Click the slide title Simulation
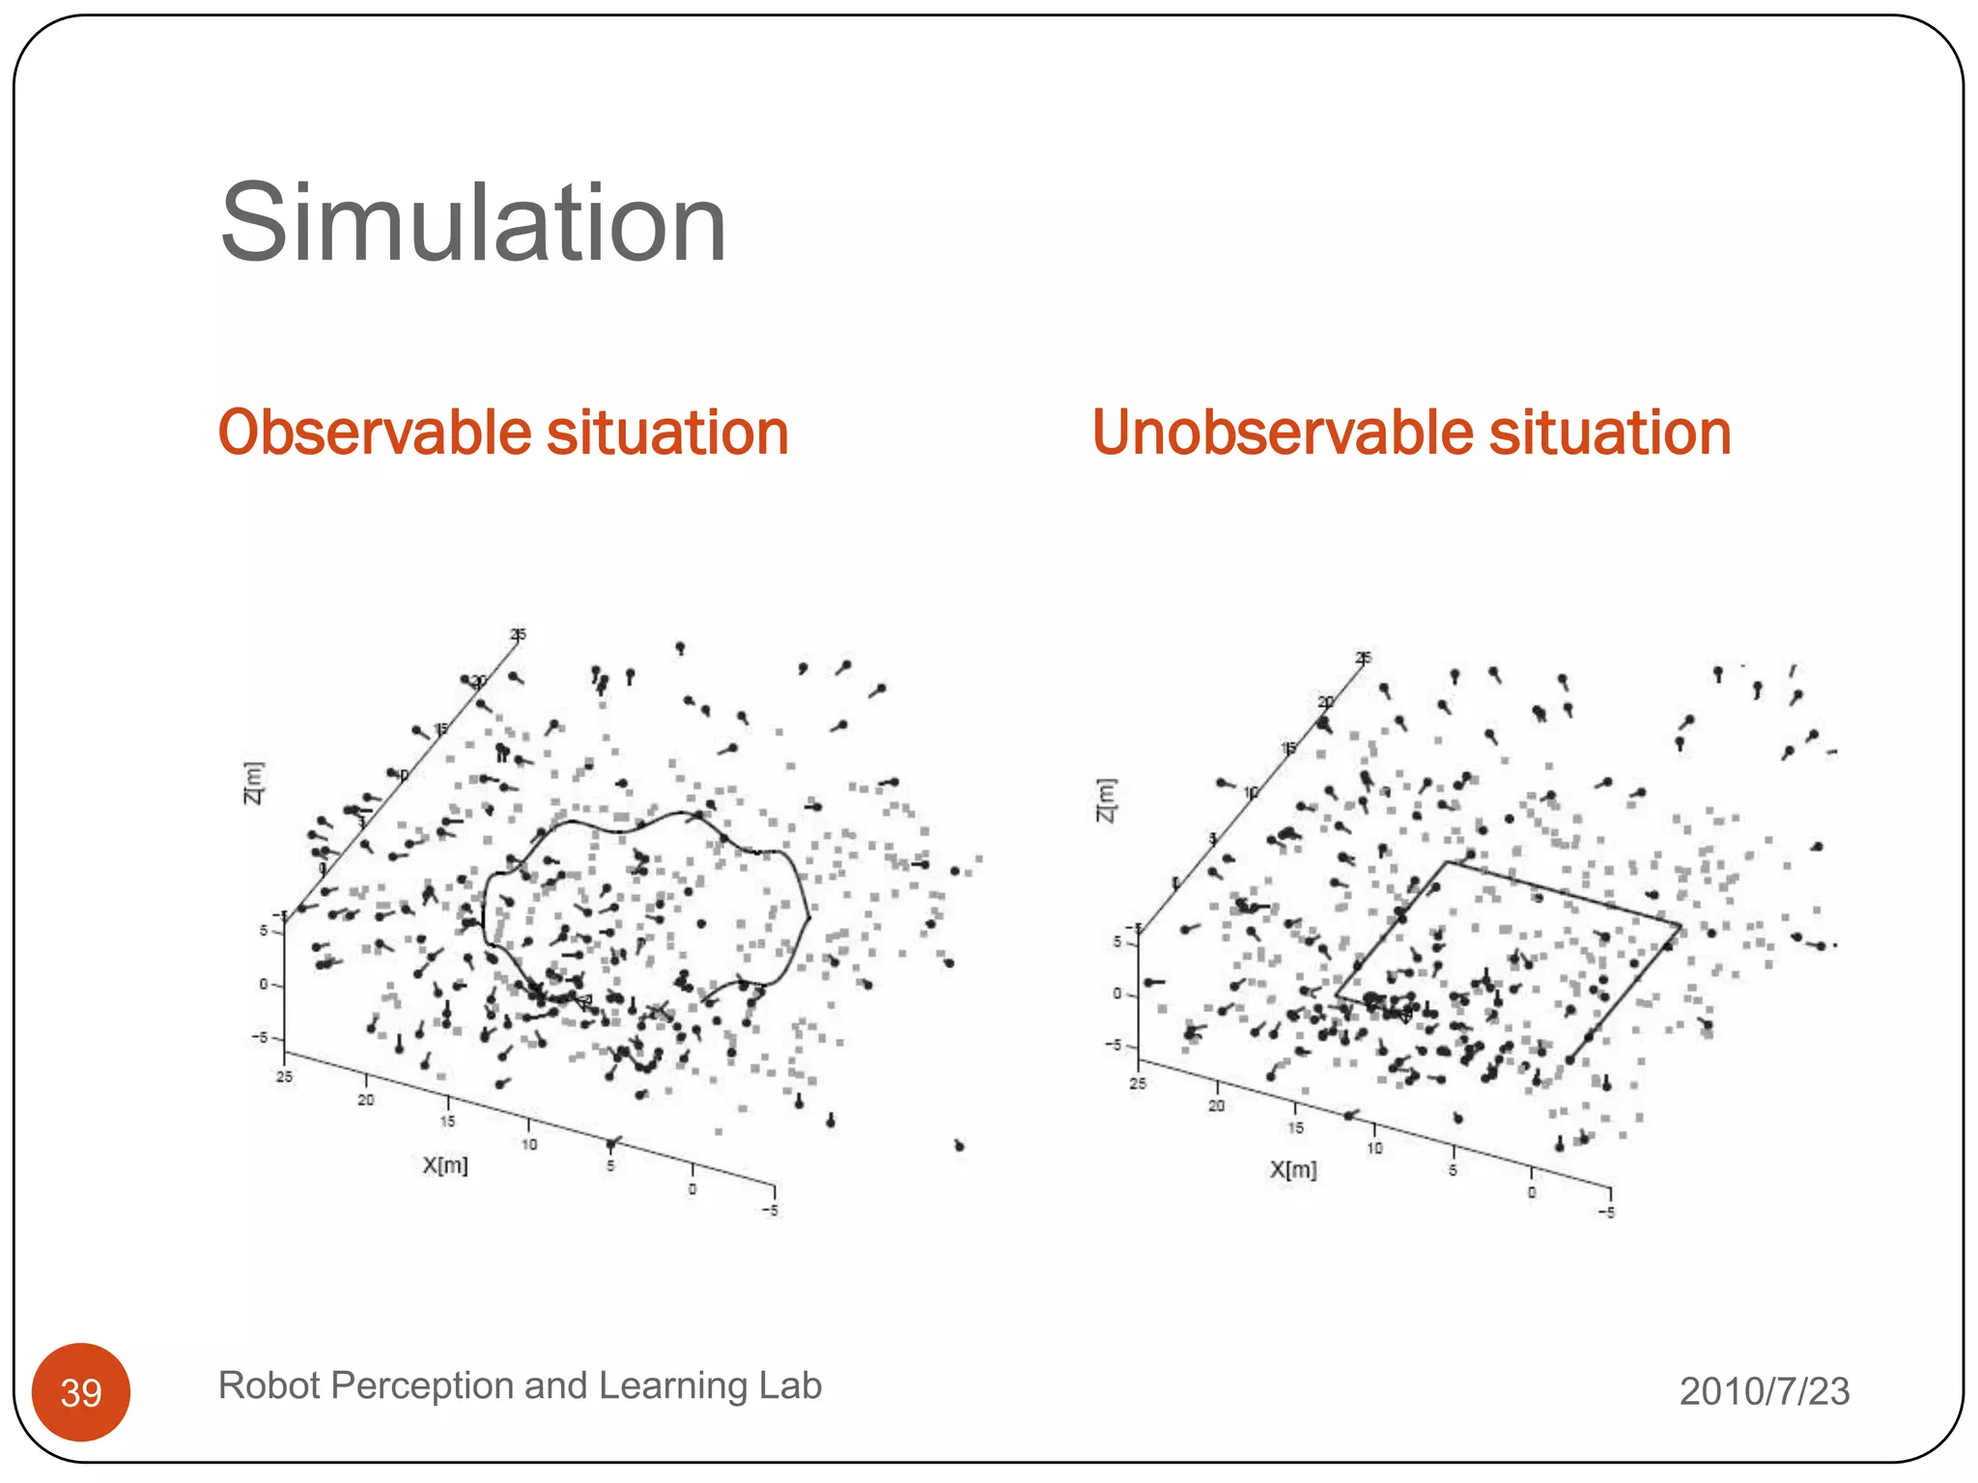pyautogui.click(x=472, y=224)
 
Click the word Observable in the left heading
pyautogui.click(x=376, y=433)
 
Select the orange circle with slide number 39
pyautogui.click(x=81, y=1391)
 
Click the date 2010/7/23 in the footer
pyautogui.click(x=1764, y=1391)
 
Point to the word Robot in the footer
pyautogui.click(x=268, y=1385)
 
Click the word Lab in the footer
pyautogui.click(x=789, y=1385)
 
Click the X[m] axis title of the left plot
pyautogui.click(x=445, y=1165)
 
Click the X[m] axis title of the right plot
pyautogui.click(x=1292, y=1170)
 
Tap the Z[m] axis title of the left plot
pyautogui.click(x=253, y=783)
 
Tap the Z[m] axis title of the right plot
pyautogui.click(x=1106, y=800)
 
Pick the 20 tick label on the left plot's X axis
pyautogui.click(x=366, y=1101)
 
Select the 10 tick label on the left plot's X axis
pyautogui.click(x=529, y=1145)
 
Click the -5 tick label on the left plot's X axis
pyautogui.click(x=770, y=1211)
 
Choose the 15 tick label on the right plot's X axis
pyautogui.click(x=1295, y=1128)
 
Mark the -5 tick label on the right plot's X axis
pyautogui.click(x=1605, y=1213)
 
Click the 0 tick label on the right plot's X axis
pyautogui.click(x=1531, y=1193)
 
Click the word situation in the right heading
pyautogui.click(x=1609, y=433)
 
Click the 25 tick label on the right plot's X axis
pyautogui.click(x=1138, y=1084)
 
